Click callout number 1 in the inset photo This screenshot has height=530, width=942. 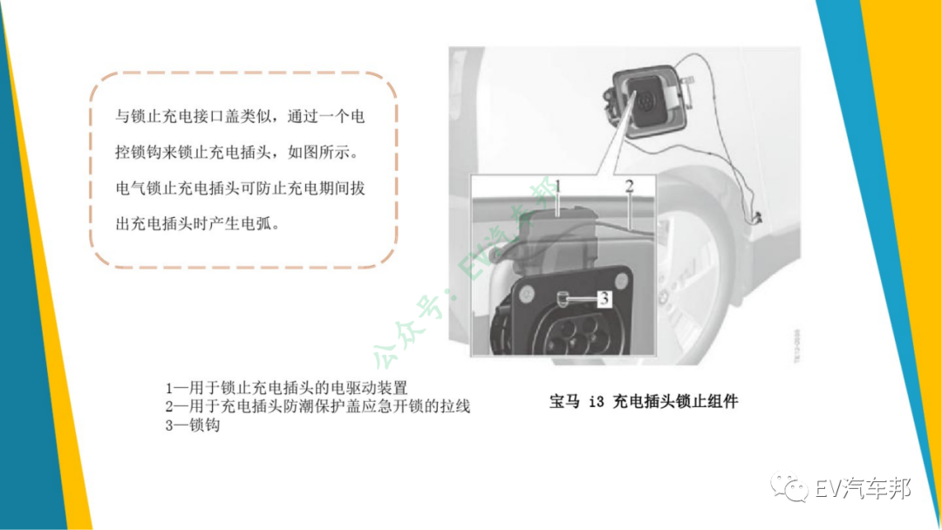click(x=558, y=187)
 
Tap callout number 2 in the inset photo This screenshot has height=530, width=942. click(x=629, y=187)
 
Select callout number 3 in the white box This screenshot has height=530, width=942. click(x=604, y=298)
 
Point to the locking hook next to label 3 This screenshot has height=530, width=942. click(x=563, y=298)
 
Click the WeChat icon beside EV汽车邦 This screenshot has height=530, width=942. click(x=789, y=486)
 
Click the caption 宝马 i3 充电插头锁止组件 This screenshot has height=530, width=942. click(x=644, y=402)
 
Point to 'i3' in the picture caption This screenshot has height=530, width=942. click(x=596, y=402)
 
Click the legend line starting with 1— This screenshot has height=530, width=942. click(x=287, y=388)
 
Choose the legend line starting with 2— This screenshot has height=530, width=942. click(x=317, y=406)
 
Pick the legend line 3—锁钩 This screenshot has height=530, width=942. click(x=193, y=425)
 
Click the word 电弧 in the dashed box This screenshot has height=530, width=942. click(x=256, y=225)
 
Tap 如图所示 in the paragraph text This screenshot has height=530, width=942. click(x=318, y=153)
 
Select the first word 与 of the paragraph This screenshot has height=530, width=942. click(x=123, y=117)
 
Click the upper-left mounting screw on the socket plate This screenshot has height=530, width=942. click(x=527, y=294)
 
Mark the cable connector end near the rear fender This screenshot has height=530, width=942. click(x=757, y=219)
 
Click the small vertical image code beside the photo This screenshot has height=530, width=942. click(x=796, y=345)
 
